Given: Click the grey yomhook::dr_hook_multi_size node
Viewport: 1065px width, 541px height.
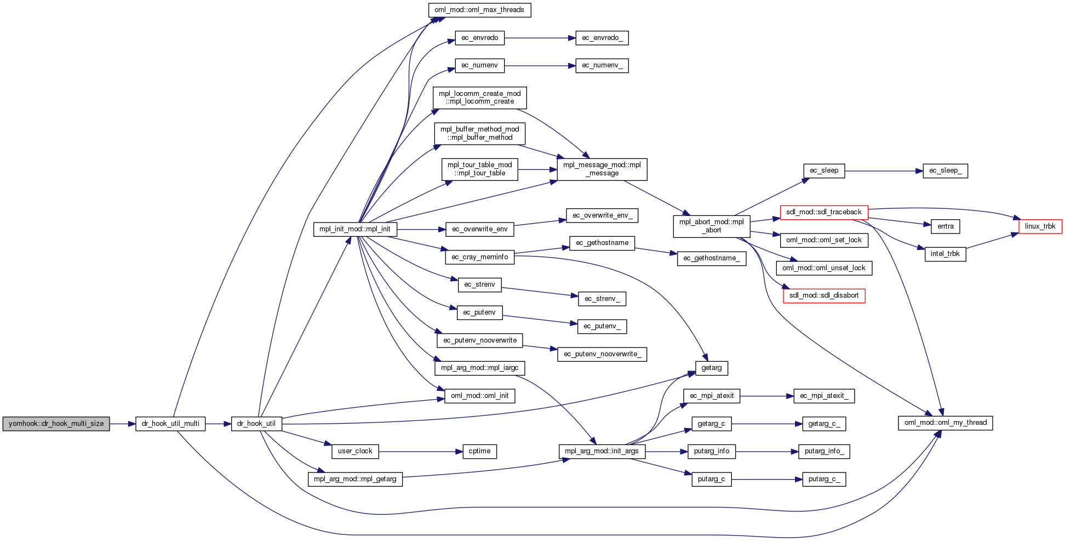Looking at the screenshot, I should coord(56,424).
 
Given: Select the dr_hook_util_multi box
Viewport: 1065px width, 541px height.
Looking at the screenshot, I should coord(170,424).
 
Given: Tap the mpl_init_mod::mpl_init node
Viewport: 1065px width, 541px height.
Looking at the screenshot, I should coord(354,229).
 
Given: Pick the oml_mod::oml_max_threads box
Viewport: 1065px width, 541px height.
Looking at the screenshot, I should coord(479,10).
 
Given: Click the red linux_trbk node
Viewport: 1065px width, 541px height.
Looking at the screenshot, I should coord(1040,226).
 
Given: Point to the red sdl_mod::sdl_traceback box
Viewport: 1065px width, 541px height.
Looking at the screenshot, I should coord(823,212).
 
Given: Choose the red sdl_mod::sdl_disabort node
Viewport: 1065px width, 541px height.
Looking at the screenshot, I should coord(823,295).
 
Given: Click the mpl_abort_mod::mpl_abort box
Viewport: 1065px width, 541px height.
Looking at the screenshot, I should coord(711,226).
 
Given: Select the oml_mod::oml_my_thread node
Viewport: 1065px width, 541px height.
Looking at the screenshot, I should coord(945,423).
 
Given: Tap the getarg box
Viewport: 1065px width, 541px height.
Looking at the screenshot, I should coord(711,368).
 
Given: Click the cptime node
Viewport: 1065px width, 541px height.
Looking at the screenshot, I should coord(479,451).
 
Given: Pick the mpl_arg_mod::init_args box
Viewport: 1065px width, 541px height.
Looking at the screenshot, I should coord(602,451).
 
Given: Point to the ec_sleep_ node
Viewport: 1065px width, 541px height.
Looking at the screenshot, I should coord(945,170).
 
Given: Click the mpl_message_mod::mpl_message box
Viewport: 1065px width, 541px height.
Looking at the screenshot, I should coord(602,169).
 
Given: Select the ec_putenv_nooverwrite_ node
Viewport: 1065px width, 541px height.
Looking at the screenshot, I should coord(602,354).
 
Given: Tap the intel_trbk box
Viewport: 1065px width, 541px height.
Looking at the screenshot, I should coord(945,254).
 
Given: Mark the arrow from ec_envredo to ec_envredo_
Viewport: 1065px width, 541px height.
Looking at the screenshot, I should coord(540,38).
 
